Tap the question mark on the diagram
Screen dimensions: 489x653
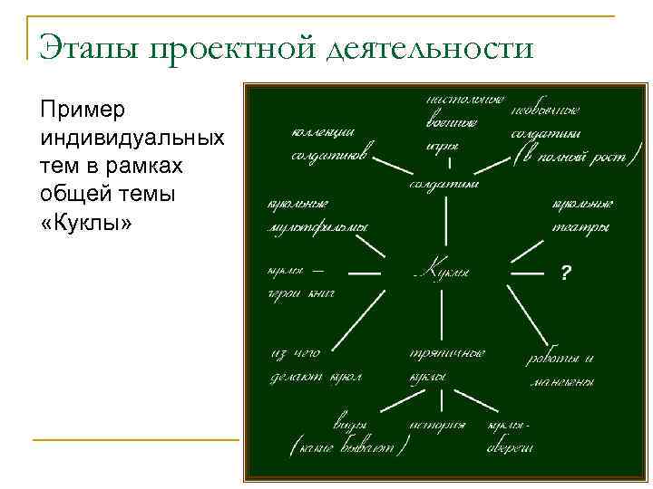tap(566, 273)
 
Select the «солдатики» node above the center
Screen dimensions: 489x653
tap(443, 184)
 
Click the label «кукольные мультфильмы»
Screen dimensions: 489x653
tap(317, 216)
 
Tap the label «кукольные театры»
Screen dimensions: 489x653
tap(580, 216)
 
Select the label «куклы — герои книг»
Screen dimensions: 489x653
tap(300, 281)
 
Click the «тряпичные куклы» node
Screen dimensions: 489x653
tap(444, 364)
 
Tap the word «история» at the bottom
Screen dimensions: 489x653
tap(436, 424)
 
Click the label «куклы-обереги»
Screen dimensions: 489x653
tap(511, 436)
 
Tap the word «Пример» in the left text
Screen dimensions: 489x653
tap(83, 110)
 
